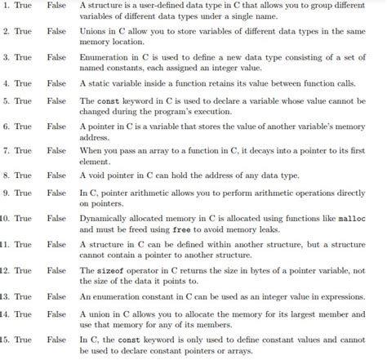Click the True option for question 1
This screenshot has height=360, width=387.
point(23,6)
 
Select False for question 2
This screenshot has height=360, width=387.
point(57,32)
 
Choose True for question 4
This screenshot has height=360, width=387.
point(23,83)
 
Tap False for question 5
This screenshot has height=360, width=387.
point(57,100)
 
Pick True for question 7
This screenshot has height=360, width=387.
point(23,151)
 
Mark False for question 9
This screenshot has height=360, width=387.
point(57,193)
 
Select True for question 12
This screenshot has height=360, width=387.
point(23,270)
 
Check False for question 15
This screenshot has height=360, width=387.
point(57,339)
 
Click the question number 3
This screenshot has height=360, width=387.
point(6,58)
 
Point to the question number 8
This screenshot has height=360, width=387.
point(6,176)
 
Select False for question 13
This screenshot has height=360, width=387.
point(57,296)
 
